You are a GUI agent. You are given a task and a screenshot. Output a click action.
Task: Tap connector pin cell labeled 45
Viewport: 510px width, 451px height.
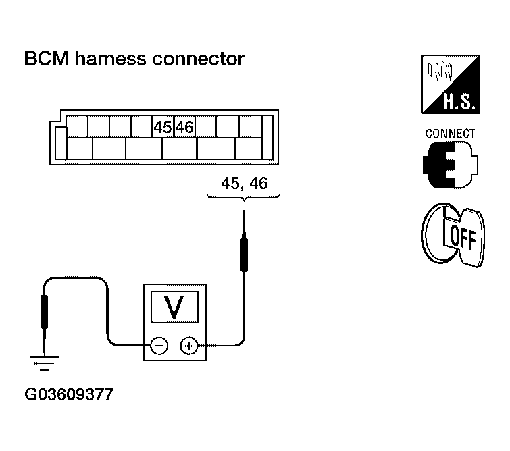click(163, 127)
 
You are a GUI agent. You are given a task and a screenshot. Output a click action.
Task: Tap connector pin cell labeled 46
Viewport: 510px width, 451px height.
click(184, 127)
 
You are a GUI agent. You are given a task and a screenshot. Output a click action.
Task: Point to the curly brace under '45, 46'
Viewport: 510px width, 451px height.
click(243, 197)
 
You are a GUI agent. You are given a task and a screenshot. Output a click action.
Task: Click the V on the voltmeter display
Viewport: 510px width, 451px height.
click(174, 309)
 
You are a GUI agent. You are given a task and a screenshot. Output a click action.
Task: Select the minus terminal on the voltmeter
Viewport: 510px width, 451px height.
click(159, 346)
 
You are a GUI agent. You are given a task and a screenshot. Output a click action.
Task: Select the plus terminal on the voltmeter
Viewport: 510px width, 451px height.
click(188, 346)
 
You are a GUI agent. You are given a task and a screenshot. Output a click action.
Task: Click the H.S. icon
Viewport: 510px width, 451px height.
click(449, 86)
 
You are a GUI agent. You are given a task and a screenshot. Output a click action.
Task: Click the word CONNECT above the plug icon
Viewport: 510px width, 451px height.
click(450, 134)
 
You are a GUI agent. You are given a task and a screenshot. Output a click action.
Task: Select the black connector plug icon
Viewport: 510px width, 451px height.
click(449, 165)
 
